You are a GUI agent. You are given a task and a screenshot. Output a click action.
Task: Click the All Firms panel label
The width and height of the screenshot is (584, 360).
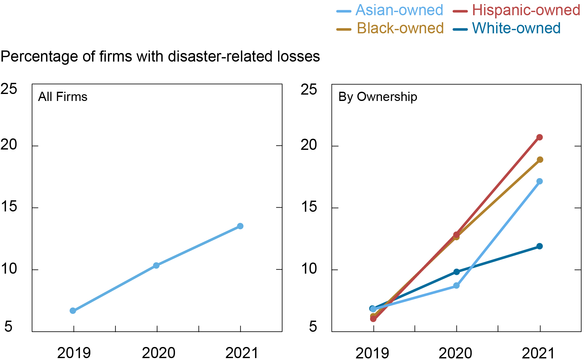pos(63,97)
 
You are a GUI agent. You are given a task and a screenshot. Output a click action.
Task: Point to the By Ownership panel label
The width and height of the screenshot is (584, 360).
pos(378,97)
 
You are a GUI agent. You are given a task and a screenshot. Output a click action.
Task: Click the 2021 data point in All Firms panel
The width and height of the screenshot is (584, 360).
pos(240,226)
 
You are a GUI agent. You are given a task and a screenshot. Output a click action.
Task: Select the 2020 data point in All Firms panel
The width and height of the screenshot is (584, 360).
pos(156,265)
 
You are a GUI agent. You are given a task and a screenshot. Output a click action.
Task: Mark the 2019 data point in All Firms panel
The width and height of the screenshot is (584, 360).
pos(73,310)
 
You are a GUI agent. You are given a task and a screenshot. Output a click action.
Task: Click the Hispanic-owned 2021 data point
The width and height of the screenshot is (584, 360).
pos(540,137)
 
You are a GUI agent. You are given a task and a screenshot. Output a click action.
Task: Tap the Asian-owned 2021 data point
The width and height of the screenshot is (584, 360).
pos(540,181)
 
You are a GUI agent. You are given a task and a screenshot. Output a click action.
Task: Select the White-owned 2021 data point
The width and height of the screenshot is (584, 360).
pos(540,246)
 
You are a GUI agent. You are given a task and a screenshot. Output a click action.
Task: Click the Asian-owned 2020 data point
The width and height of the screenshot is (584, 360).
pos(456,285)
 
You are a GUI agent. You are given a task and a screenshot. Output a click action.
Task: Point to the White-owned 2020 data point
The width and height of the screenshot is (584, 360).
pos(456,272)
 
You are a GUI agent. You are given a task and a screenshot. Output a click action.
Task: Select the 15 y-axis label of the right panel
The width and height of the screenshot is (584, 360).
pos(309,207)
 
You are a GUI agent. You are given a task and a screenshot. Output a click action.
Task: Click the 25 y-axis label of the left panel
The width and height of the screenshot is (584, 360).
pos(9,89)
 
